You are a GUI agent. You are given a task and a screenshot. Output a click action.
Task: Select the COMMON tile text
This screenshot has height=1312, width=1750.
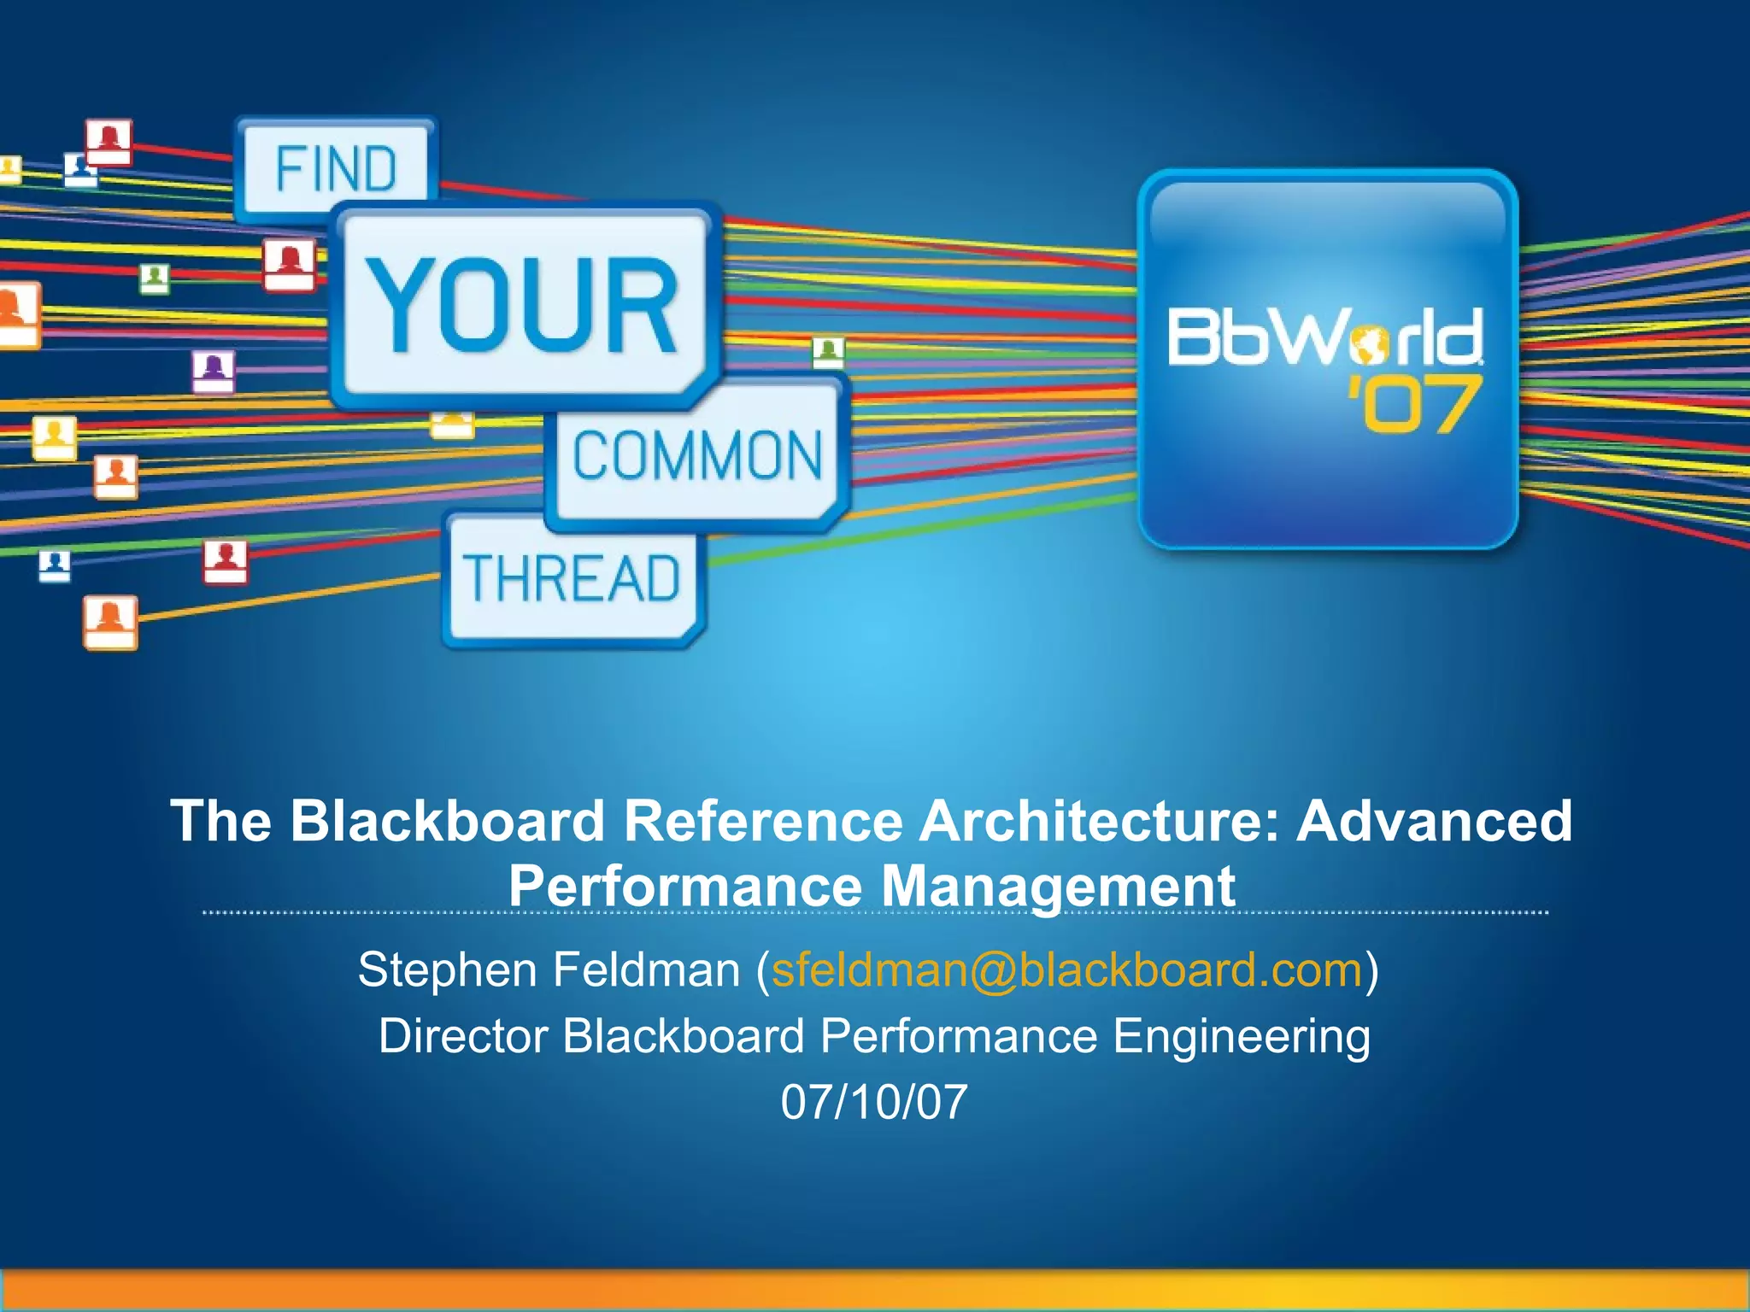pyautogui.click(x=697, y=455)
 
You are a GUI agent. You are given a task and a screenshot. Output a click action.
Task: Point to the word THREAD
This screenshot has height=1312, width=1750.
pyautogui.click(x=571, y=578)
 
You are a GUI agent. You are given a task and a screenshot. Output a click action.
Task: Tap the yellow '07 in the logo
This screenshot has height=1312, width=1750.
pyautogui.click(x=1414, y=405)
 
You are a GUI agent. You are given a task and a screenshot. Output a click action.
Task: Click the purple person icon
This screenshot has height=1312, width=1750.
pyautogui.click(x=213, y=370)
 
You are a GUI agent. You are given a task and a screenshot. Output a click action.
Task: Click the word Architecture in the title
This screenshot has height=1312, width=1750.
pyautogui.click(x=1100, y=821)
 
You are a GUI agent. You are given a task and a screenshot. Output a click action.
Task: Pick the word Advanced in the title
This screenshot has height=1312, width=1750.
pyautogui.click(x=1434, y=821)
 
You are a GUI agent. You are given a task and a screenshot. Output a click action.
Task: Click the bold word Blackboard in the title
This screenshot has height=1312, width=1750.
pyautogui.click(x=448, y=821)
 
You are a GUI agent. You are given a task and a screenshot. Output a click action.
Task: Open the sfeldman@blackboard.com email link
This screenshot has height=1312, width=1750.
pyautogui.click(x=1066, y=969)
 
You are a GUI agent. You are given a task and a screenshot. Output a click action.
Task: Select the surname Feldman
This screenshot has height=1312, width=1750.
pyautogui.click(x=646, y=969)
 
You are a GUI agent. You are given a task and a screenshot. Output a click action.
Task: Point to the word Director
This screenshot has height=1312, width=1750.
pyautogui.click(x=462, y=1036)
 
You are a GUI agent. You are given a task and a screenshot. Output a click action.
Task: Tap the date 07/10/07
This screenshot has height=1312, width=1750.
pyautogui.click(x=874, y=1102)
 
